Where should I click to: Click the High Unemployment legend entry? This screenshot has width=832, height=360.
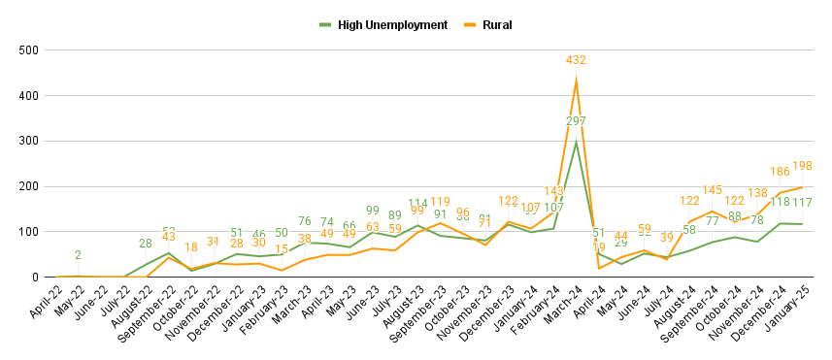point(392,24)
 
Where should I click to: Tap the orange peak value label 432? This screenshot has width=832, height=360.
point(577,60)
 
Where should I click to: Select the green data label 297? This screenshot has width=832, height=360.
point(577,121)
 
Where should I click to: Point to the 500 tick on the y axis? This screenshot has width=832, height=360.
point(29,49)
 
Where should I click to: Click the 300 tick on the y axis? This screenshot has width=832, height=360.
point(29,141)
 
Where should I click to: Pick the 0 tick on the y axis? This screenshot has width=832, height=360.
point(35,278)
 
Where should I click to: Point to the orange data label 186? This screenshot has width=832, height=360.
point(779,171)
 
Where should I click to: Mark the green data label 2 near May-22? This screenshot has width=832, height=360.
point(78,255)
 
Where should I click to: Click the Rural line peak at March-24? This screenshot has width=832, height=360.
point(577,81)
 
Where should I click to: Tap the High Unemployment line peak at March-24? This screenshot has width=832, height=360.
point(577,143)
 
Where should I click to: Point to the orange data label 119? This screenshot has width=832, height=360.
point(440,203)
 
